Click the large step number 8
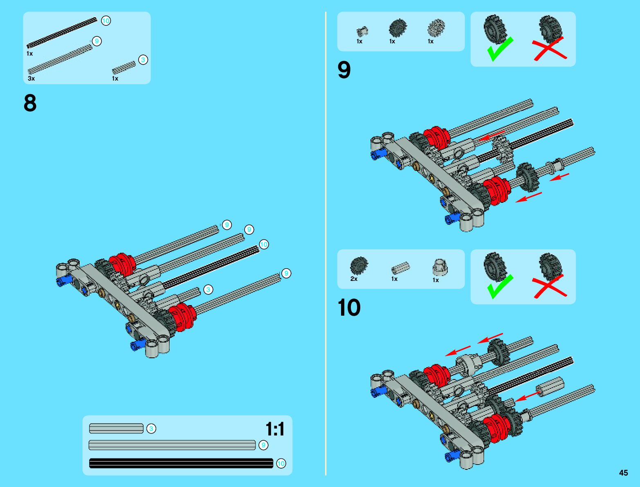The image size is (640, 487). [x=30, y=103]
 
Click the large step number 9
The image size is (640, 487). [x=344, y=70]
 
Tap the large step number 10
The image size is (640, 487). [x=349, y=307]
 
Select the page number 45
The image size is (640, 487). [x=623, y=473]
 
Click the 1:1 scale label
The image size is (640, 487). [x=275, y=429]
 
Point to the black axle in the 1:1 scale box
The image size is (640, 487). [x=181, y=463]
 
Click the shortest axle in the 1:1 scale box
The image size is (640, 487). [x=116, y=429]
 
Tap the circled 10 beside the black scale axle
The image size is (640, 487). [x=281, y=463]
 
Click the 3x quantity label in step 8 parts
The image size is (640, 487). [x=31, y=79]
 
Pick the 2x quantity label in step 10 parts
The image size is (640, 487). [x=354, y=279]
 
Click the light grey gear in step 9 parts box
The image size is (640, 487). [x=436, y=28]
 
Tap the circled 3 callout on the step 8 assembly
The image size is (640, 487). [x=208, y=290]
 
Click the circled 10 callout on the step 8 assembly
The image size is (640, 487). [x=264, y=245]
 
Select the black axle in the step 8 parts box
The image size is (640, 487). [x=61, y=33]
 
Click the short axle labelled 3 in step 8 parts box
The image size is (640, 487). [x=124, y=67]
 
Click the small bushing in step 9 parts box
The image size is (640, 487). [x=362, y=31]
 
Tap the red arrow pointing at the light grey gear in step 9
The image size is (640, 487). [x=492, y=136]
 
